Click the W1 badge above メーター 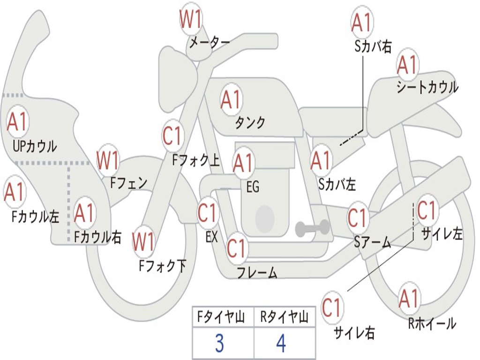pos(191,20)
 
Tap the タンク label pos(250,122)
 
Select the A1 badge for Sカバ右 pos(361,22)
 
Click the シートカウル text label pos(427,87)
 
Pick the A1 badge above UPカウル pos(18,122)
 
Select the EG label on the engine pos(253,187)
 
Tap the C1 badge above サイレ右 pos(332,308)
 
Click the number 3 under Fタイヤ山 pos(219,344)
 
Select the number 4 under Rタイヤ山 pos(281,344)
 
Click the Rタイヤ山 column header pos(284,318)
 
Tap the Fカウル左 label pos(36,216)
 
